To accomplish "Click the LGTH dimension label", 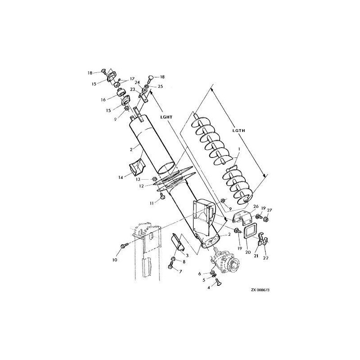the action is pyautogui.click(x=238, y=130).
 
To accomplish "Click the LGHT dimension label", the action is pyautogui.click(x=166, y=117).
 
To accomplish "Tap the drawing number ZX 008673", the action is pyautogui.click(x=260, y=290).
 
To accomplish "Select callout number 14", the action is pyautogui.click(x=121, y=177).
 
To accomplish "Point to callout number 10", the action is pyautogui.click(x=115, y=260).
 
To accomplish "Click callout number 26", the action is pyautogui.click(x=256, y=207).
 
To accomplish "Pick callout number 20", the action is pyautogui.click(x=248, y=252).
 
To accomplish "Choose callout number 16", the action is pyautogui.click(x=103, y=99).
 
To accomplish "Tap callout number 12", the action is pyautogui.click(x=141, y=186).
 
